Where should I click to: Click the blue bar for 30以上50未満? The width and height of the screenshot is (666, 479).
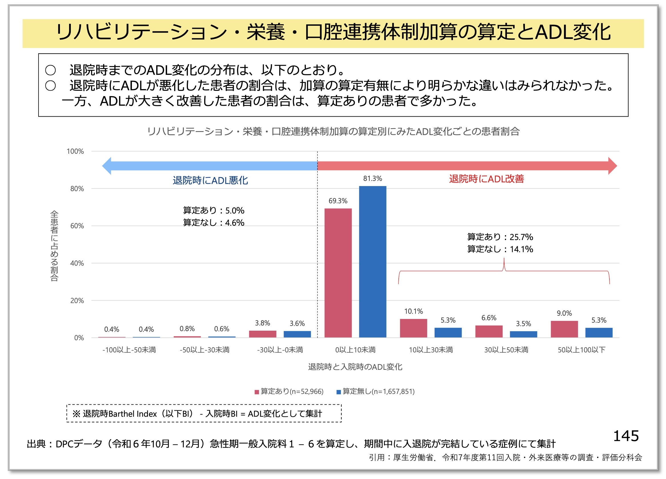523,334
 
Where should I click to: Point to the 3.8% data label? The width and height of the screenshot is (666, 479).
262,323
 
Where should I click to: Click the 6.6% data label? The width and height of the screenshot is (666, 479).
489,318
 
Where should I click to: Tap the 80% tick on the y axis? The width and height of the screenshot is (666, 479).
77,189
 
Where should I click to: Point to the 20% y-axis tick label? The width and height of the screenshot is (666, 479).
77,301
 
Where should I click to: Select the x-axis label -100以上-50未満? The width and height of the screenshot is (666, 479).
129,350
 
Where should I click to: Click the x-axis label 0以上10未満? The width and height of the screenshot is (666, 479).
355,350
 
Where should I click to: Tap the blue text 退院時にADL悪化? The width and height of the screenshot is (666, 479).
210,180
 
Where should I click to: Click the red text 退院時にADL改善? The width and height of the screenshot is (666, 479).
486,179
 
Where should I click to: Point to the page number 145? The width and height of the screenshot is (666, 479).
626,436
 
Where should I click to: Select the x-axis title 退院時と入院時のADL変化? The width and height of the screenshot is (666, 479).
355,367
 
